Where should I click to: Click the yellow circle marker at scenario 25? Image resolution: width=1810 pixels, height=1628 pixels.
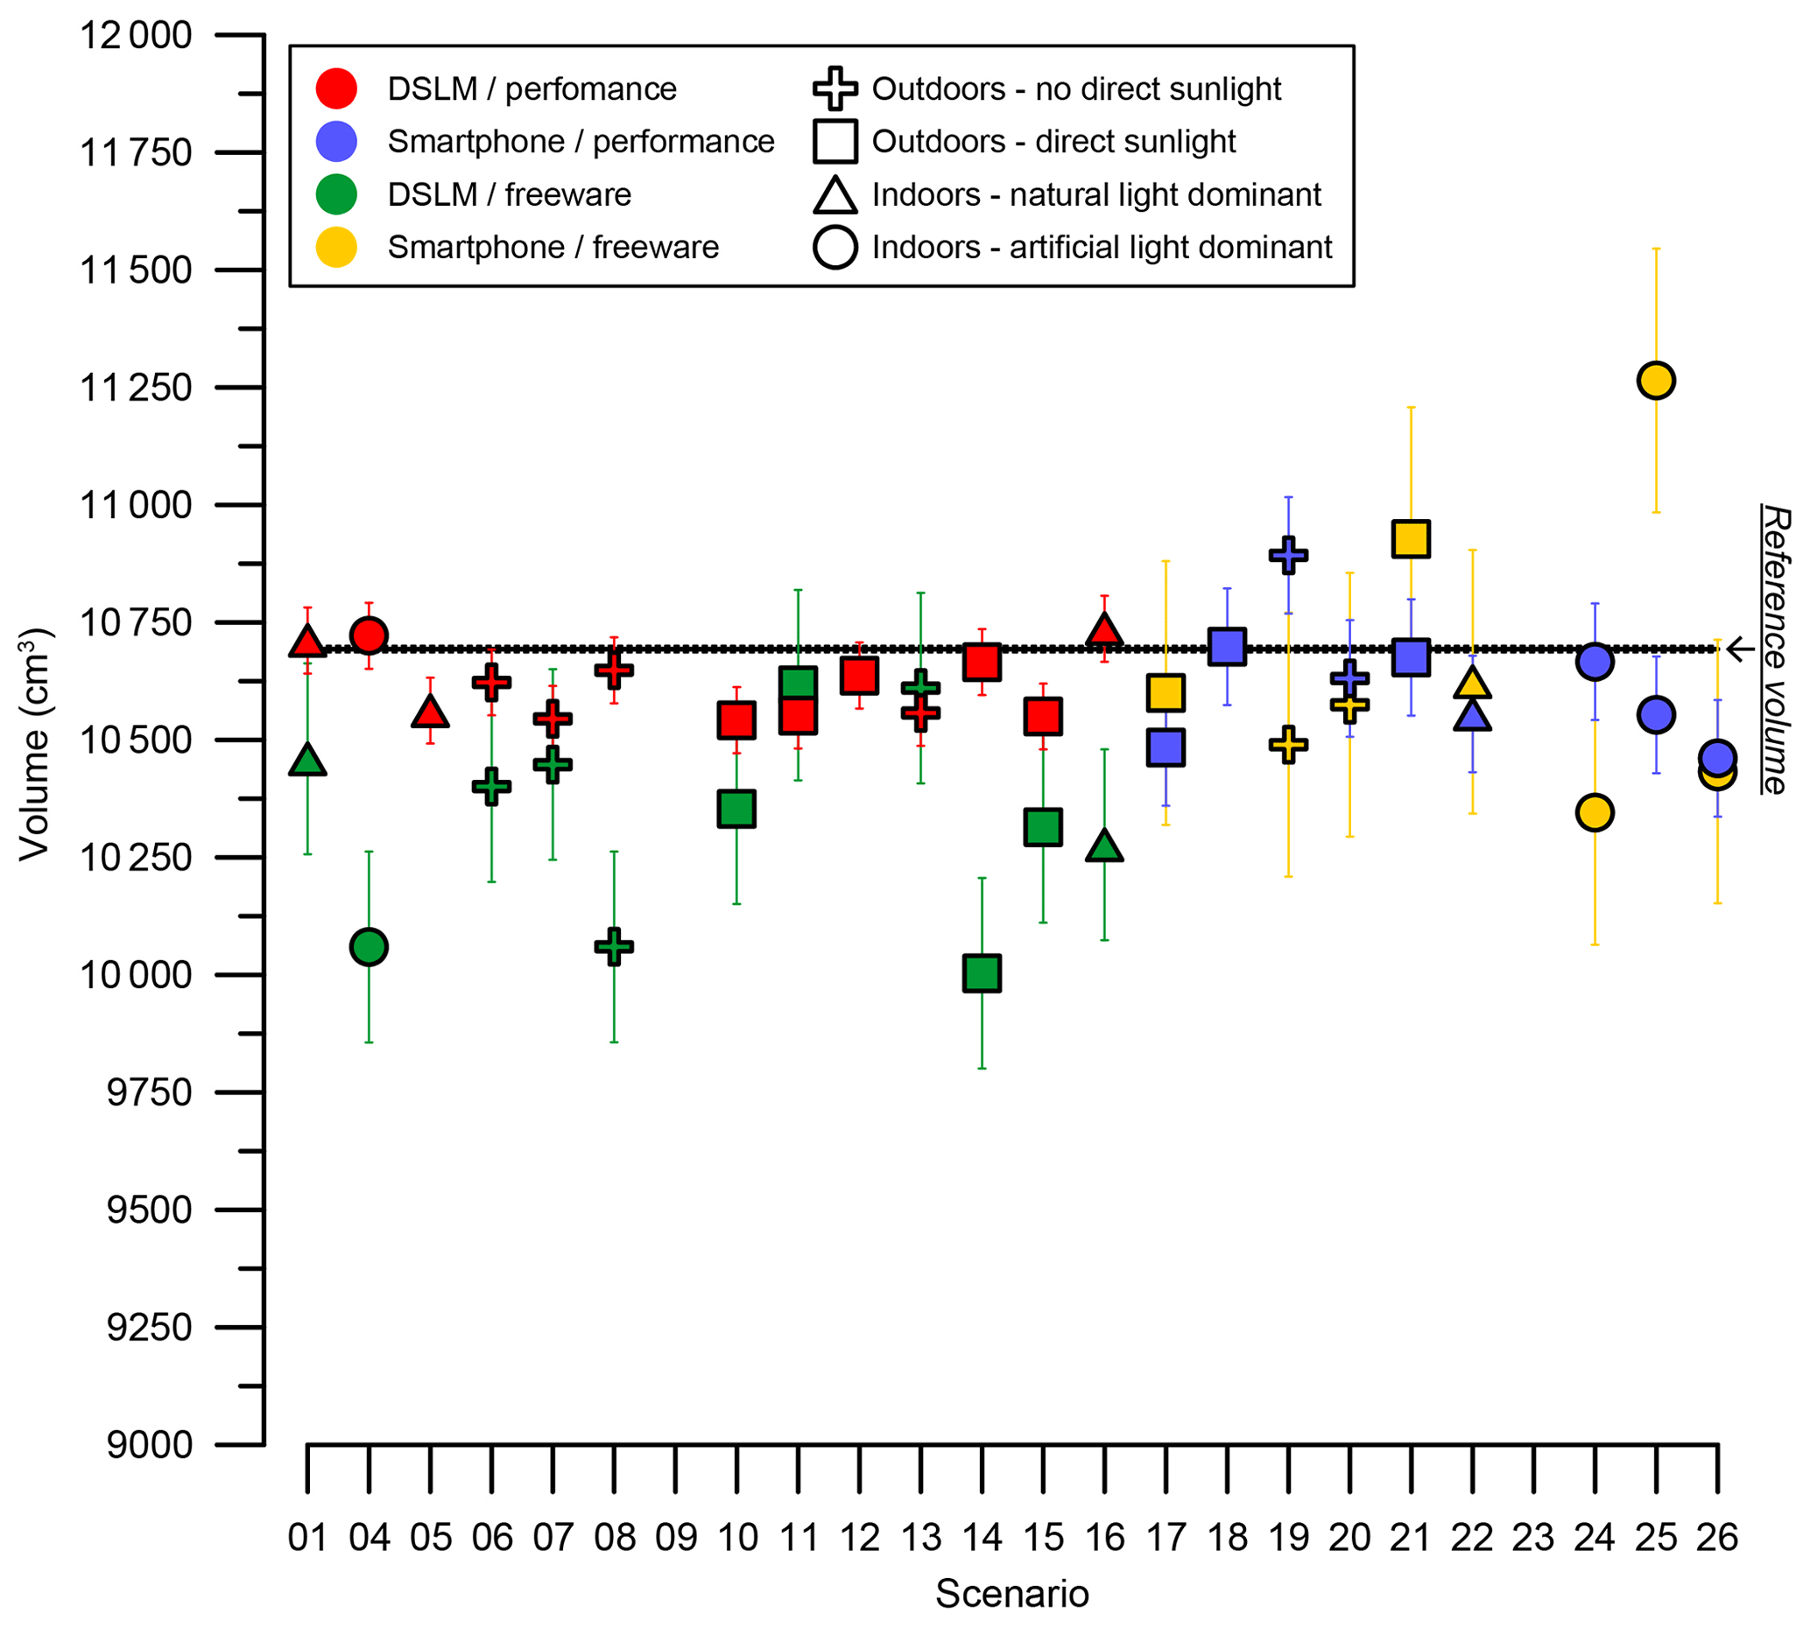pyautogui.click(x=1655, y=380)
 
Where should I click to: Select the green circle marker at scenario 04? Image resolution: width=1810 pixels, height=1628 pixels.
pyautogui.click(x=369, y=946)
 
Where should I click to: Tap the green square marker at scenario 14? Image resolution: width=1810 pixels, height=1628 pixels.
pyautogui.click(x=982, y=973)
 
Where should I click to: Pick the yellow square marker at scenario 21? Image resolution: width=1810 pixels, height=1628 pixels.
pyautogui.click(x=1411, y=538)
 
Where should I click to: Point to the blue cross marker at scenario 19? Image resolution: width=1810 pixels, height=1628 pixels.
pyautogui.click(x=1288, y=555)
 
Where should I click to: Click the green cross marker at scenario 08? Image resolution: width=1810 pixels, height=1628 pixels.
pyautogui.click(x=614, y=946)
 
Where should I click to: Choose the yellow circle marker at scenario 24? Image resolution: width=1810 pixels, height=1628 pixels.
pyautogui.click(x=1595, y=812)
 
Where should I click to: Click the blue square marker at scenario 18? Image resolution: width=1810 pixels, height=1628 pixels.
pyautogui.click(x=1227, y=646)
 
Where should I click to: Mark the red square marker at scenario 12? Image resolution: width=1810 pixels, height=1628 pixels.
pyautogui.click(x=859, y=676)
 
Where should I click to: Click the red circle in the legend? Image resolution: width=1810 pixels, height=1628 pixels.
pyautogui.click(x=336, y=88)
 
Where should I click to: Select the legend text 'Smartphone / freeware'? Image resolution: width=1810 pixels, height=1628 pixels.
pyautogui.click(x=552, y=247)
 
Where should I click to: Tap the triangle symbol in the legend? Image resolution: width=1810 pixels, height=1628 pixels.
pyautogui.click(x=835, y=195)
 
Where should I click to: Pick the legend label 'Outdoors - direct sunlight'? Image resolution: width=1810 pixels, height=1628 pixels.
pyautogui.click(x=1053, y=141)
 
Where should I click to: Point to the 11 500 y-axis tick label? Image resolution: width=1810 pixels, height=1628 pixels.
pyautogui.click(x=136, y=270)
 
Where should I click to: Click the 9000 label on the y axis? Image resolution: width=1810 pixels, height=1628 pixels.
pyautogui.click(x=149, y=1444)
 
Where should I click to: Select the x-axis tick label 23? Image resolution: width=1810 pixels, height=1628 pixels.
pyautogui.click(x=1532, y=1538)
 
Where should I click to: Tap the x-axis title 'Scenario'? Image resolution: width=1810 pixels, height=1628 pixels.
pyautogui.click(x=1012, y=1593)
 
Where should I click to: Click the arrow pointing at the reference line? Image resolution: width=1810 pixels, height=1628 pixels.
pyautogui.click(x=1739, y=649)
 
